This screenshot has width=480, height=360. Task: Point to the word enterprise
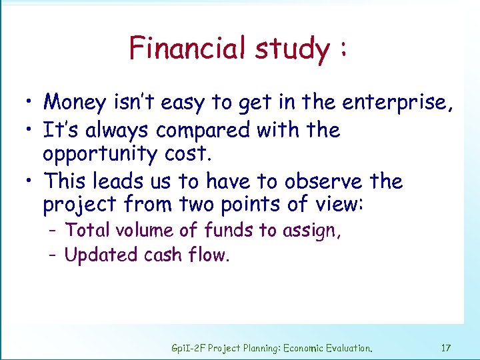397,103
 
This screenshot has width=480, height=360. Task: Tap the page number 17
446,347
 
